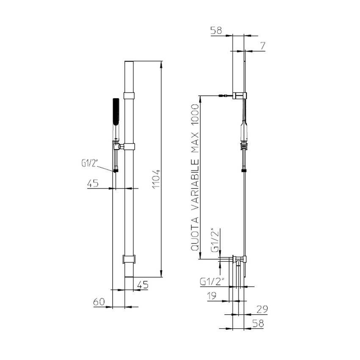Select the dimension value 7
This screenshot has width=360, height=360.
(x=263, y=45)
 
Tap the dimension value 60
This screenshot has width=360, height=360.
(x=99, y=302)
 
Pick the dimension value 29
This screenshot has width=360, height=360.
(x=261, y=309)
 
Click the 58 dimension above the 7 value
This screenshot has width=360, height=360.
(x=216, y=30)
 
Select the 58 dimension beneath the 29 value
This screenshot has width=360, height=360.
(x=258, y=323)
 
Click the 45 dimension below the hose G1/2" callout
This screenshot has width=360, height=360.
(x=93, y=183)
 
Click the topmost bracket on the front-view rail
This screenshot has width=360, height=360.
(x=129, y=96)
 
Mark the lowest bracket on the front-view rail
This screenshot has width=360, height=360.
(x=129, y=259)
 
